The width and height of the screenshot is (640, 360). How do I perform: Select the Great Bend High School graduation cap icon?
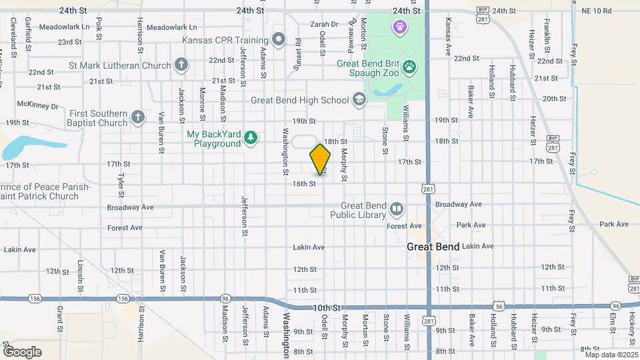click(x=359, y=100)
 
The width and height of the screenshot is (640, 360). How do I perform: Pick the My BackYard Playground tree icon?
click(x=251, y=138)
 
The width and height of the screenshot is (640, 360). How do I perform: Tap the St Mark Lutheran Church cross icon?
click(x=181, y=65)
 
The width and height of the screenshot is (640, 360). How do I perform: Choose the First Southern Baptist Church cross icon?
click(x=138, y=118)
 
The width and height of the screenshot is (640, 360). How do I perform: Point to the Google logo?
click(x=22, y=351)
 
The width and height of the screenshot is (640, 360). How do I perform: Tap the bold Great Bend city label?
click(x=433, y=247)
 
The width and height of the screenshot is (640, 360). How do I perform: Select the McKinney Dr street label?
click(x=38, y=105)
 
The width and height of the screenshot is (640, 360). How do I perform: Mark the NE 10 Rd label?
click(x=596, y=11)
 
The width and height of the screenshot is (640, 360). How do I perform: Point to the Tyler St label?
click(x=121, y=185)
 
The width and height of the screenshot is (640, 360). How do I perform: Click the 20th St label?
click(x=554, y=99)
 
